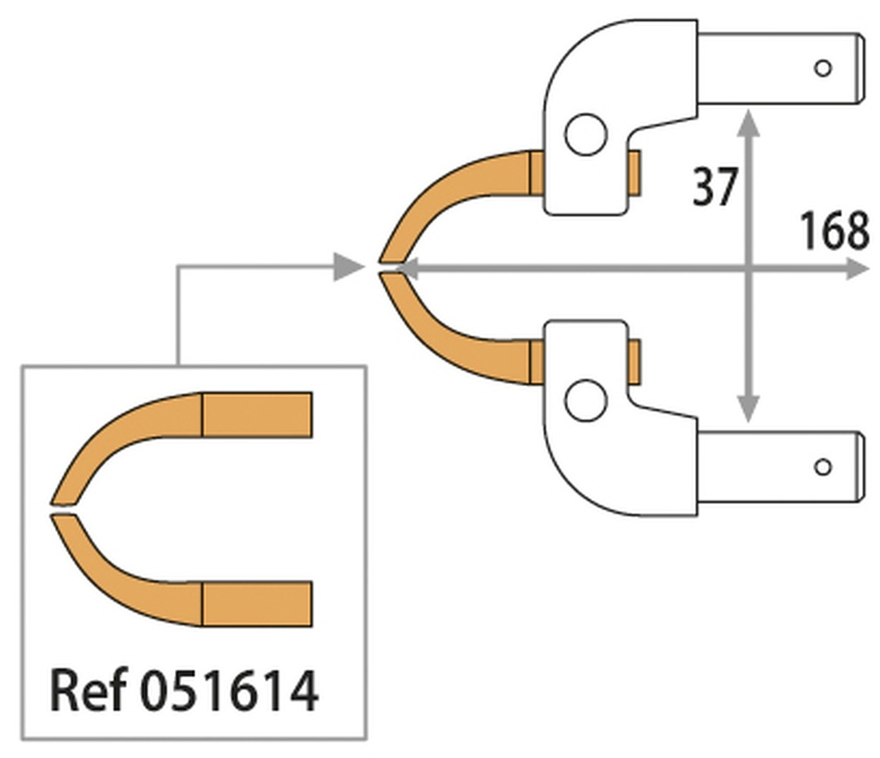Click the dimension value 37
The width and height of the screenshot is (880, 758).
coord(715,186)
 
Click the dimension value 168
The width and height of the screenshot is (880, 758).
coord(834,231)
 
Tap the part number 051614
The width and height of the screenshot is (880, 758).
coord(229,689)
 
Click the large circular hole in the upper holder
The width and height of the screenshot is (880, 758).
coord(586,134)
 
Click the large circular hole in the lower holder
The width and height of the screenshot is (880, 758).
coord(586,400)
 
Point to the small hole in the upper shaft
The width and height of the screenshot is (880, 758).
coord(822,68)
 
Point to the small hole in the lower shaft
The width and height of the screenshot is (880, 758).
coord(822,467)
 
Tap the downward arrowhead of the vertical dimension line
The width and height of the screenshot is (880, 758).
coord(749,409)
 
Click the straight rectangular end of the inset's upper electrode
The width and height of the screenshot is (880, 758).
coord(257,414)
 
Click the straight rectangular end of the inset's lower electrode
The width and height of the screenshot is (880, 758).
coord(257,603)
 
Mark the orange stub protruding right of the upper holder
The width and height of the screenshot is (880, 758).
coord(635,171)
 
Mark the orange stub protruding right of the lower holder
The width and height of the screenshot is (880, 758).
coord(635,361)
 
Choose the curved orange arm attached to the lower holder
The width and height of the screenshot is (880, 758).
coord(447,335)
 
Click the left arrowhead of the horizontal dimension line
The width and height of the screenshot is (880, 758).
coord(404,269)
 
